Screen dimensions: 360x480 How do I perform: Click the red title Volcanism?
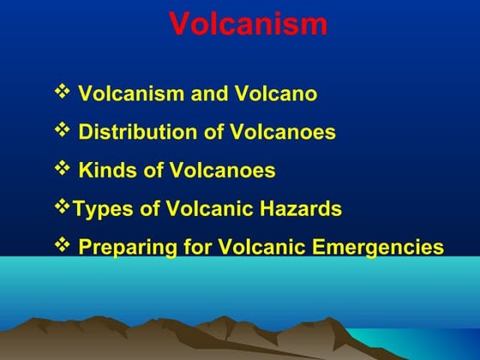pos(248,24)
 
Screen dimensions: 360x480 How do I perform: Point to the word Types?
pos(99,209)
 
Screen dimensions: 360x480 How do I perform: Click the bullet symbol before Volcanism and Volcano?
pos(63,91)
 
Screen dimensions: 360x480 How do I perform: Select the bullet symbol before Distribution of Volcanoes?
pos(63,130)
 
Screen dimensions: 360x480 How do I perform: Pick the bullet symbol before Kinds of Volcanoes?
pos(63,169)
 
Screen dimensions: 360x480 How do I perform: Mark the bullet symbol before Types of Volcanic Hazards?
pos(63,207)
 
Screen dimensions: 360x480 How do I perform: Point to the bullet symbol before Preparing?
pos(63,247)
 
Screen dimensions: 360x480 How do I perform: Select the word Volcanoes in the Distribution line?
pos(290,132)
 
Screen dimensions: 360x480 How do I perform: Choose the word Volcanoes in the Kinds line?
pos(230,171)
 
